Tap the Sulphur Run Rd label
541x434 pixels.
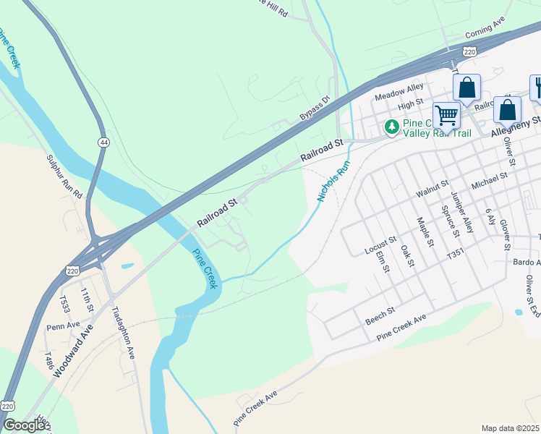(64, 177)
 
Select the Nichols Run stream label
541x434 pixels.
(333, 181)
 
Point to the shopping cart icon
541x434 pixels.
(446, 114)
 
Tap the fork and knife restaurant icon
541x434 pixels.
(537, 88)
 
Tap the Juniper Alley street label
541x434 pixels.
(461, 213)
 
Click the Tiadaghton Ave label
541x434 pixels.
(123, 332)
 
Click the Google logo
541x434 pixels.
(23, 425)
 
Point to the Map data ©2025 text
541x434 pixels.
(510, 427)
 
